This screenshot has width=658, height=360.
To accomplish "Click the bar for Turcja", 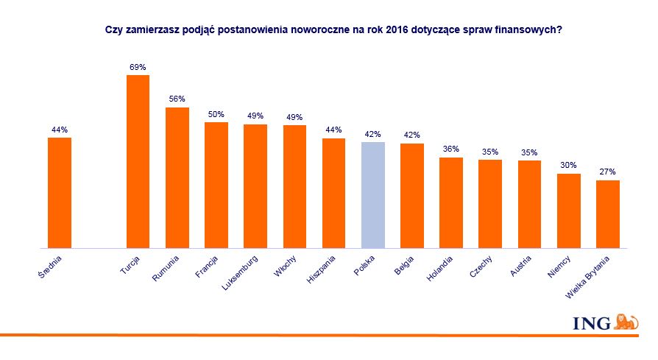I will [x=138, y=161].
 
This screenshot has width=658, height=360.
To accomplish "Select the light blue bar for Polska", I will [x=373, y=195].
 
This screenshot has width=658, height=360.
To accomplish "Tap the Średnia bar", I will [x=60, y=193].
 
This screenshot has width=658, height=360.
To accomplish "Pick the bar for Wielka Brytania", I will [x=607, y=214].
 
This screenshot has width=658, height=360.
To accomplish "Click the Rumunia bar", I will [x=177, y=177].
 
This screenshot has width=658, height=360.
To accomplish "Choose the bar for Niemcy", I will [x=568, y=211].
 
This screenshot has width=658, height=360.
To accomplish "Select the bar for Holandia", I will [x=451, y=202].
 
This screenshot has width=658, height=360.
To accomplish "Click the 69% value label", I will [x=138, y=68].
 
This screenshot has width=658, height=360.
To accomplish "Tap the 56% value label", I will [x=177, y=99].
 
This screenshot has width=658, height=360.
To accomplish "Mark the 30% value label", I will [x=568, y=166].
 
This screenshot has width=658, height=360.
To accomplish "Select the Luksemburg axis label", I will [x=241, y=272].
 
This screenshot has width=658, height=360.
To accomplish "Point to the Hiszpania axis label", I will [x=322, y=269].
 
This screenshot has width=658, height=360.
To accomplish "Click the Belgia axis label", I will [x=403, y=265].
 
